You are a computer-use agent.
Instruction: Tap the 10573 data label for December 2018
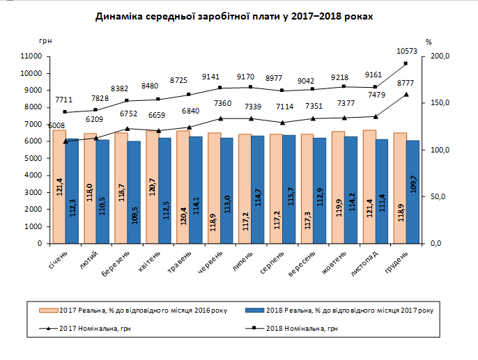406,51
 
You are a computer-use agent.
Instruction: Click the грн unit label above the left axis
47,41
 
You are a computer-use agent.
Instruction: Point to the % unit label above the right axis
429,41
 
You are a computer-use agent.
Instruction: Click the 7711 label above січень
64,100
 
